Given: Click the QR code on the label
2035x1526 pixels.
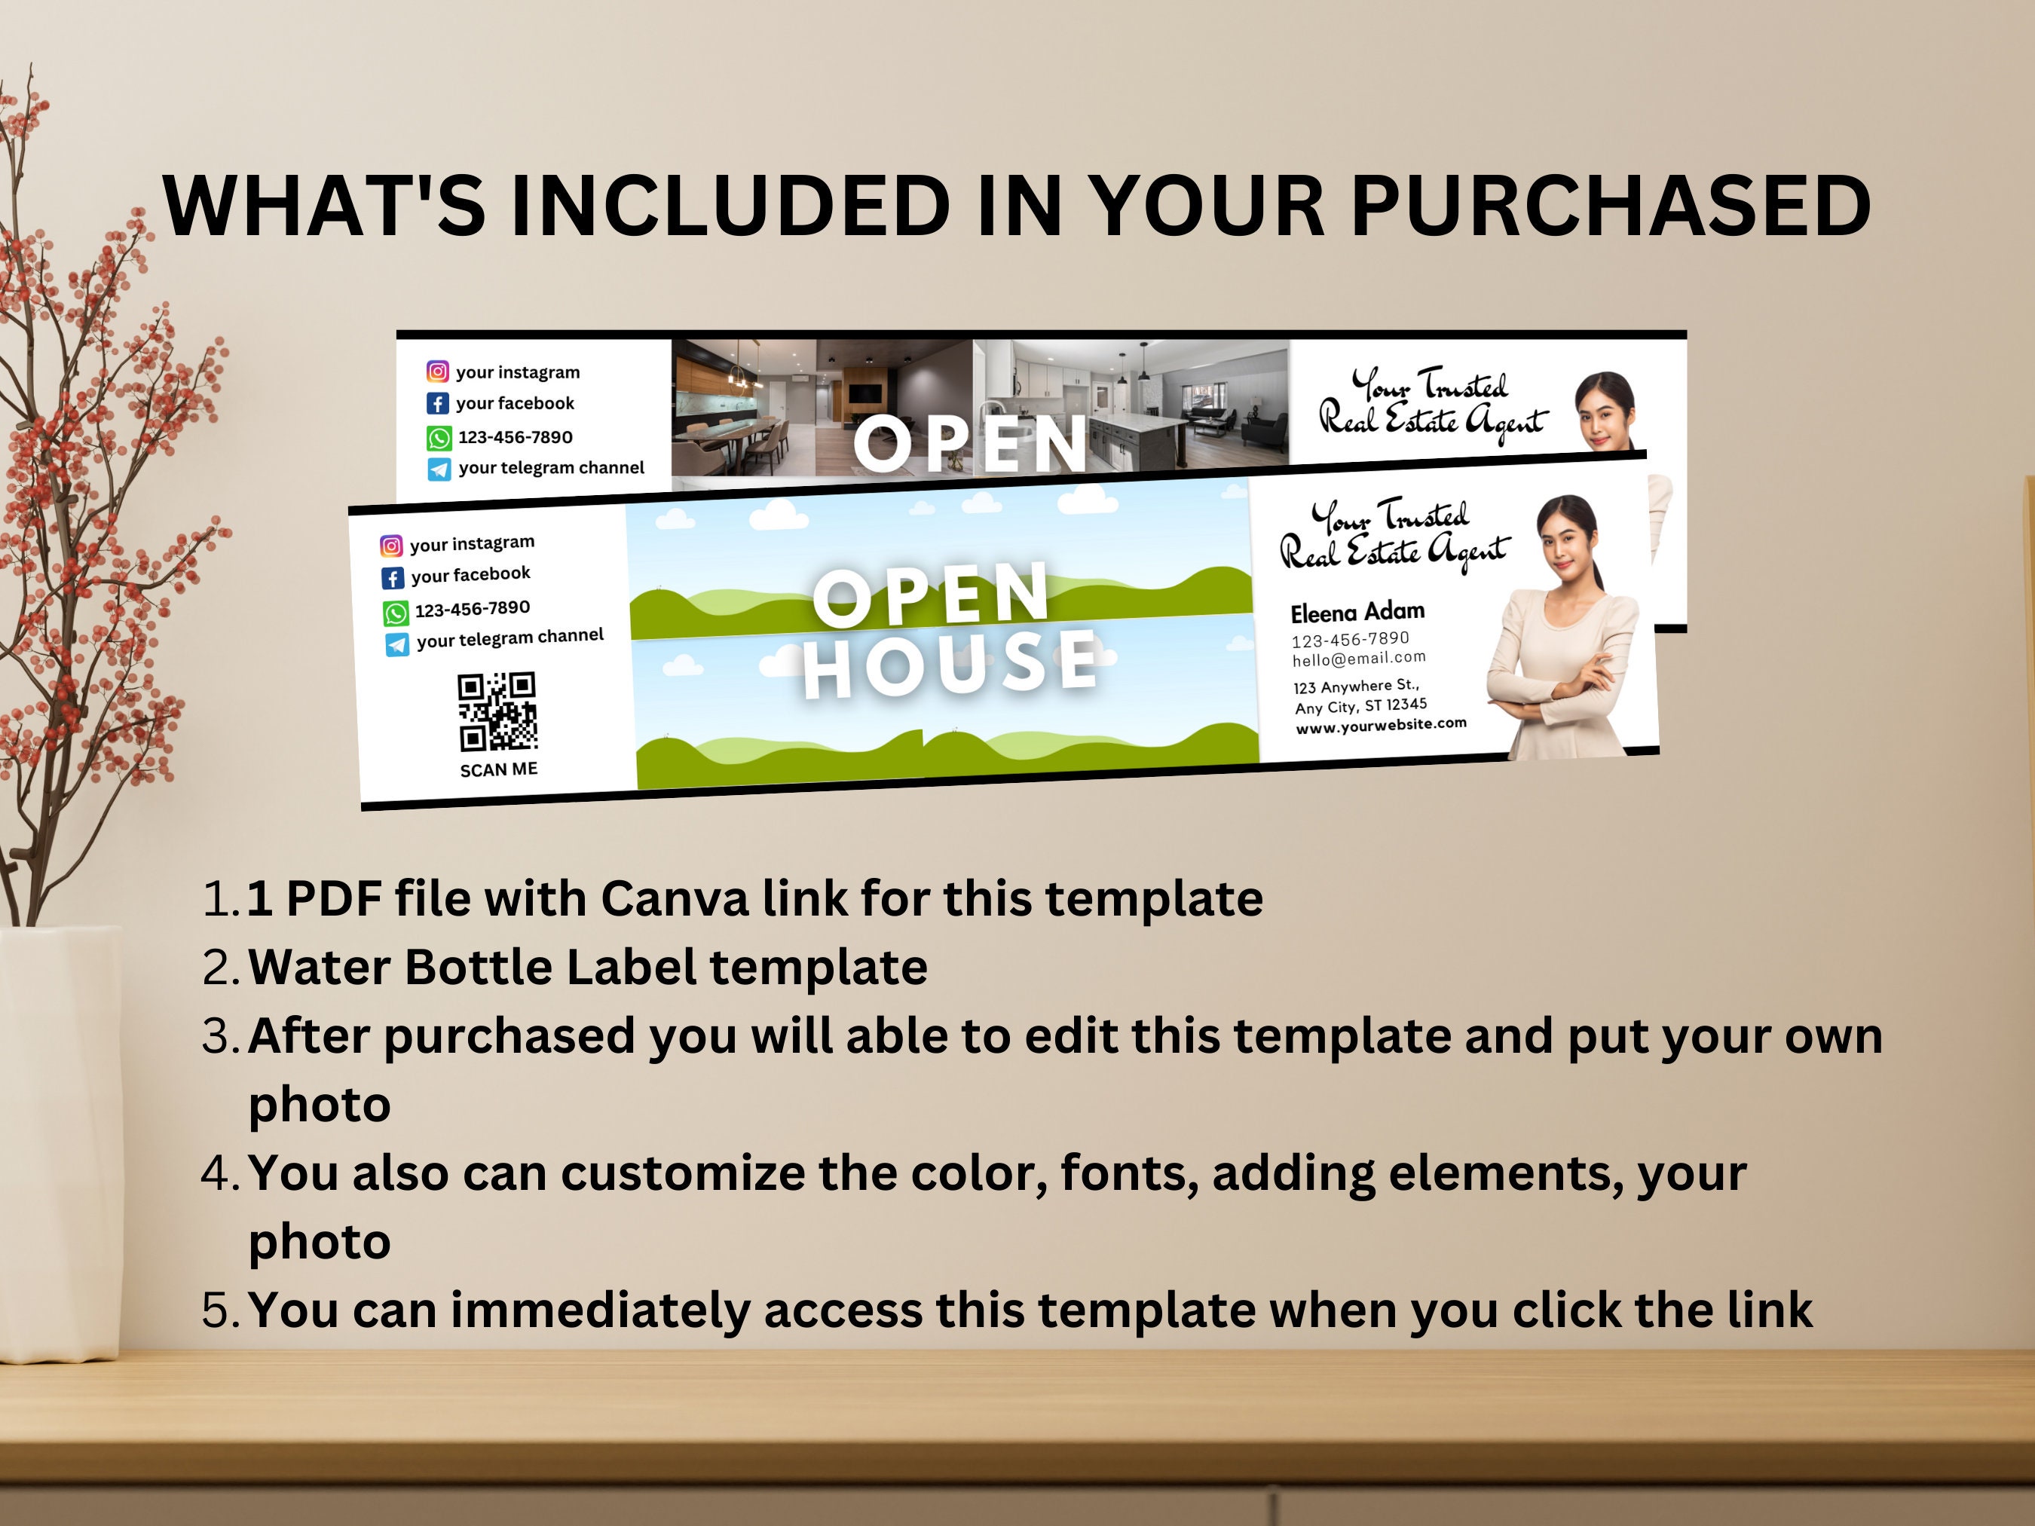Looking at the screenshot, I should [x=497, y=712].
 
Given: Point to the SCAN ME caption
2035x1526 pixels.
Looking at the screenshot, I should [x=499, y=769].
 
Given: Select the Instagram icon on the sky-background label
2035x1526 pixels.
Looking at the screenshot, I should [x=391, y=546].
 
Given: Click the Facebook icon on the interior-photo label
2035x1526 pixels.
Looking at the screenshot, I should [x=438, y=404].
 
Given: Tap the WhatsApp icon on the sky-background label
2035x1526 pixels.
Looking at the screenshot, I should [x=395, y=613].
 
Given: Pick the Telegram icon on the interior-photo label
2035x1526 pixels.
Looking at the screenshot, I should [x=439, y=469].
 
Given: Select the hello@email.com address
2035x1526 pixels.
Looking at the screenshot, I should [x=1359, y=659].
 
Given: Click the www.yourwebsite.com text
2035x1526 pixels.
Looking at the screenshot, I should [x=1381, y=726].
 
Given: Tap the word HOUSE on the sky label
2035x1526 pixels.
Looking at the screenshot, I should [x=950, y=662].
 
